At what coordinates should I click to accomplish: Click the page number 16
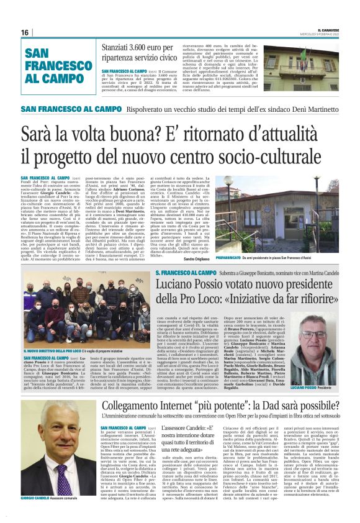tap(25, 32)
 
